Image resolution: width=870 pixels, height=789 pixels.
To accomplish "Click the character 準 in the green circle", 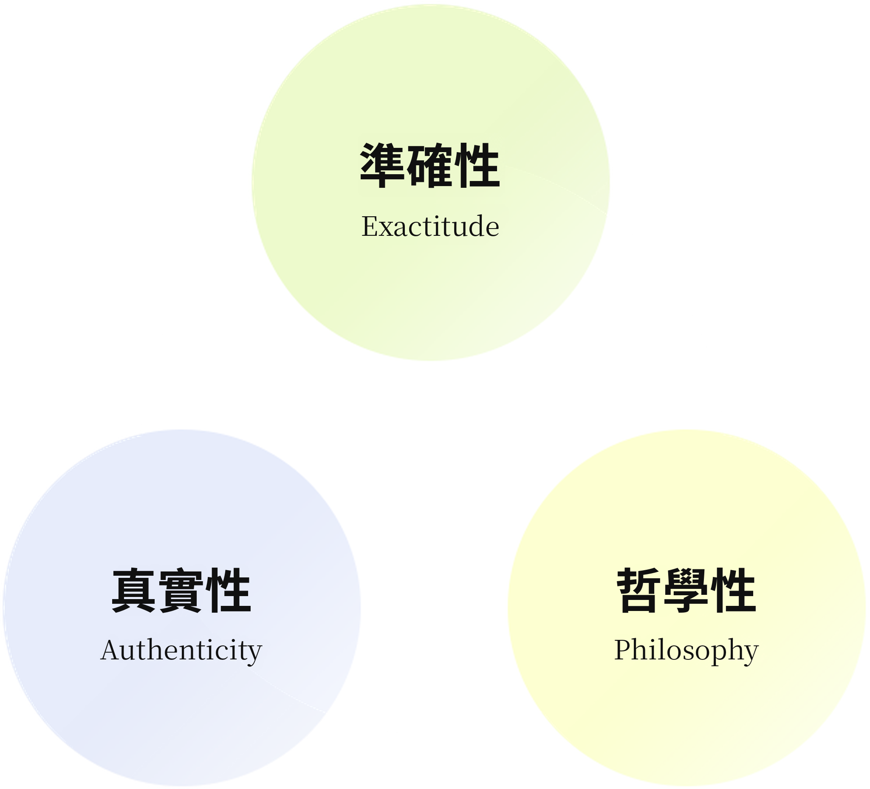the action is tap(382, 166).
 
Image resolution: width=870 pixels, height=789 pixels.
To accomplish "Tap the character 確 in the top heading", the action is tap(430, 166).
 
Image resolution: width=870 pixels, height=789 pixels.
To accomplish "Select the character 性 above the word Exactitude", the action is tap(477, 166).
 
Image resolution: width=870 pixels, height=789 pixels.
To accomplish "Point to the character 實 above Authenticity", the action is tap(181, 591).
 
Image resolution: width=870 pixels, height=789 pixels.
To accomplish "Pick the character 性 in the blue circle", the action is tap(228, 591).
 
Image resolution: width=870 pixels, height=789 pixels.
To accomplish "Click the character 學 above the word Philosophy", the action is tap(686, 591).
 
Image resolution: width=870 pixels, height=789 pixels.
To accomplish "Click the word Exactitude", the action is tap(430, 226).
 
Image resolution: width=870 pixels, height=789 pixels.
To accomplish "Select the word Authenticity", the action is tap(181, 650).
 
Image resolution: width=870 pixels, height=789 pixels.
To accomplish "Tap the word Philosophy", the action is tap(686, 650).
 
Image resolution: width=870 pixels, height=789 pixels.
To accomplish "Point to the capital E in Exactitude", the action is tap(370, 226).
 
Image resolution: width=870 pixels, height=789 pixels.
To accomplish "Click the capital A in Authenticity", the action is tap(110, 650).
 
